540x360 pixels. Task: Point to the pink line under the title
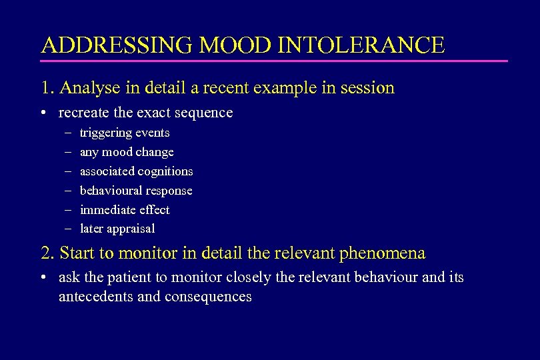tap(273, 61)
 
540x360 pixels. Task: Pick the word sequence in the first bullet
tap(205, 113)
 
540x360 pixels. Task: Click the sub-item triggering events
tap(125, 133)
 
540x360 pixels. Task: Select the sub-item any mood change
tap(127, 152)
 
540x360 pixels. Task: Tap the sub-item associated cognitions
tap(136, 171)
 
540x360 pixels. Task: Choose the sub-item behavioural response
tap(136, 191)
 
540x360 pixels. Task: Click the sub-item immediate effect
tap(125, 210)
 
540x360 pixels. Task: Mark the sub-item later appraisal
tap(117, 229)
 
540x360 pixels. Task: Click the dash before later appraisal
tap(68, 229)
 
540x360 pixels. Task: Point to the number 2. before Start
tap(47, 253)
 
